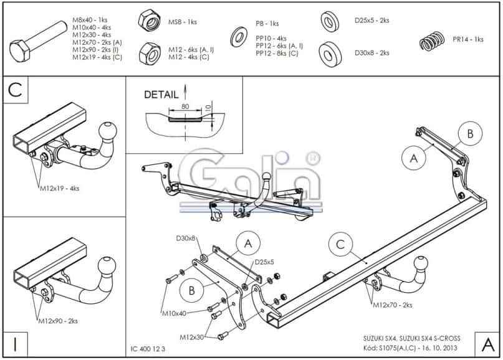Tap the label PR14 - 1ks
click(x=468, y=40)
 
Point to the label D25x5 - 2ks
click(x=371, y=21)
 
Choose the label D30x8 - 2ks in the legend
click(x=371, y=53)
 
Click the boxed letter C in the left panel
click(x=16, y=91)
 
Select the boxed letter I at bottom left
click(x=15, y=344)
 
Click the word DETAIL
click(x=161, y=95)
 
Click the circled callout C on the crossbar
click(x=340, y=245)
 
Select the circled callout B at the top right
click(x=470, y=133)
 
